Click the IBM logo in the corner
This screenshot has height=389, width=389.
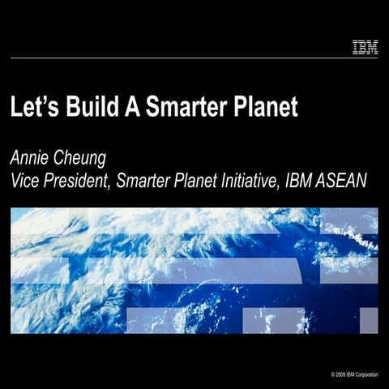coord(365,49)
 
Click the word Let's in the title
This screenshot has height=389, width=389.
coord(32,109)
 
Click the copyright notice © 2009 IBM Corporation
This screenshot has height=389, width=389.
coord(354,374)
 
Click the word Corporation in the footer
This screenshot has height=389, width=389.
coord(366,374)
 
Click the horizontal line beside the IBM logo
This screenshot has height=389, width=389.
coord(178,57)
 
